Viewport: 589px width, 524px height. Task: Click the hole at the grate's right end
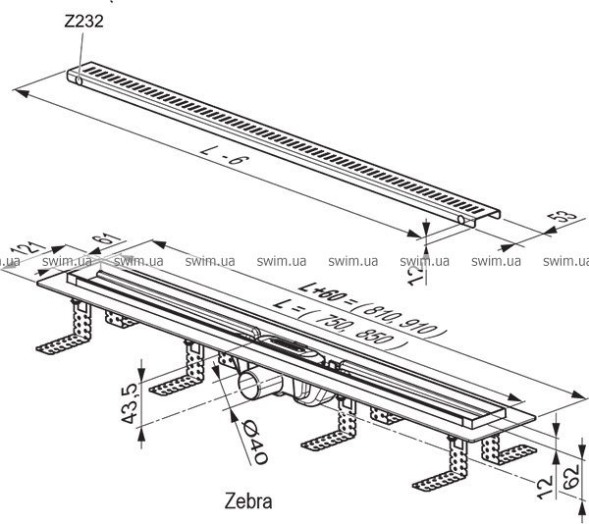(x=460, y=224)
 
